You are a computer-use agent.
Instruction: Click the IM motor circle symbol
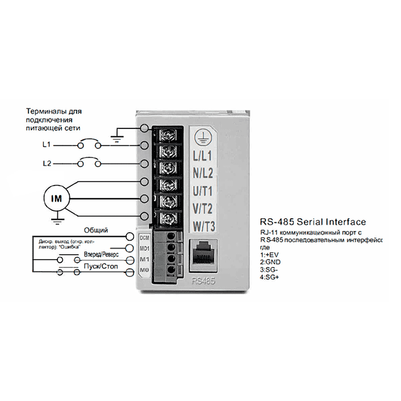(x=57, y=198)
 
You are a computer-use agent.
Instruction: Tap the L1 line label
(x=47, y=145)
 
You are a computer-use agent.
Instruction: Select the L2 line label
(x=47, y=164)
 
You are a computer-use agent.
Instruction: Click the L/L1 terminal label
(x=203, y=156)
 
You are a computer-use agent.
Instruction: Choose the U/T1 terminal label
(x=203, y=190)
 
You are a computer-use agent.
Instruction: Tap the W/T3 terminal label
(x=203, y=226)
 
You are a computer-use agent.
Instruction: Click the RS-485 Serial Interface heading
(x=312, y=222)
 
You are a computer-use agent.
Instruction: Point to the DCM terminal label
(x=144, y=238)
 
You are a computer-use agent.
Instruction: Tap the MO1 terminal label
(x=144, y=249)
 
